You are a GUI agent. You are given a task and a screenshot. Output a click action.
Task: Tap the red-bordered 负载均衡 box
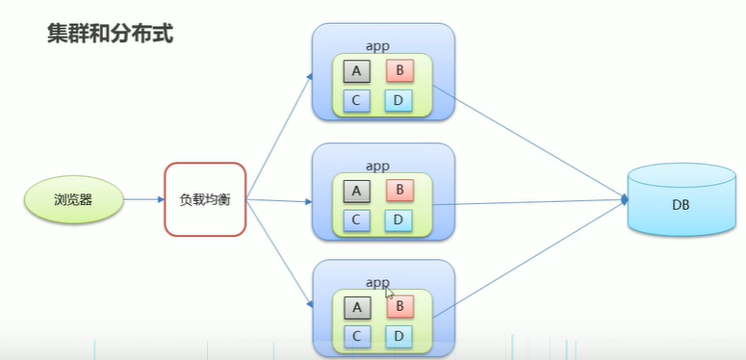[x=205, y=200]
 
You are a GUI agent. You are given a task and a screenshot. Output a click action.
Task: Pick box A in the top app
[x=356, y=71]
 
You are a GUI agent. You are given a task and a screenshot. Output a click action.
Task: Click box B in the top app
[x=399, y=71]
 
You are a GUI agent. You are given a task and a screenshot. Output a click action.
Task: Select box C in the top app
[x=356, y=100]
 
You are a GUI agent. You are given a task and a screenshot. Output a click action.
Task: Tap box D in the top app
[x=399, y=100]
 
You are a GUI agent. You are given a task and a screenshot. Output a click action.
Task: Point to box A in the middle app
[x=356, y=191]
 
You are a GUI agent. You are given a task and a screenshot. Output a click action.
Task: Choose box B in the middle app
[x=399, y=191]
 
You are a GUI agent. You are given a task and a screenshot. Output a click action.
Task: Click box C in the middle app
[x=356, y=219]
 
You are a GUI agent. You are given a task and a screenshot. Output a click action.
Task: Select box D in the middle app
[x=399, y=219]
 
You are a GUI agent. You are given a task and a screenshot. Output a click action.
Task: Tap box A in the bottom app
[x=356, y=307]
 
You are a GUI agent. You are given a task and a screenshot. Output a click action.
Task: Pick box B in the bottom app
[x=399, y=307]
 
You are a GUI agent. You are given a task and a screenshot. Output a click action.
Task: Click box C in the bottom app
[x=356, y=336]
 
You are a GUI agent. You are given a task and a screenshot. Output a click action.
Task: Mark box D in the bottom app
[x=399, y=336]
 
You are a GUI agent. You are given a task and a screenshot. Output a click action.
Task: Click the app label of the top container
[x=377, y=45]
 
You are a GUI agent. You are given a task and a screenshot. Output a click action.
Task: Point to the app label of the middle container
[x=377, y=166]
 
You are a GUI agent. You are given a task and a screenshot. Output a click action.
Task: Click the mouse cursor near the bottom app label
[x=389, y=291]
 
